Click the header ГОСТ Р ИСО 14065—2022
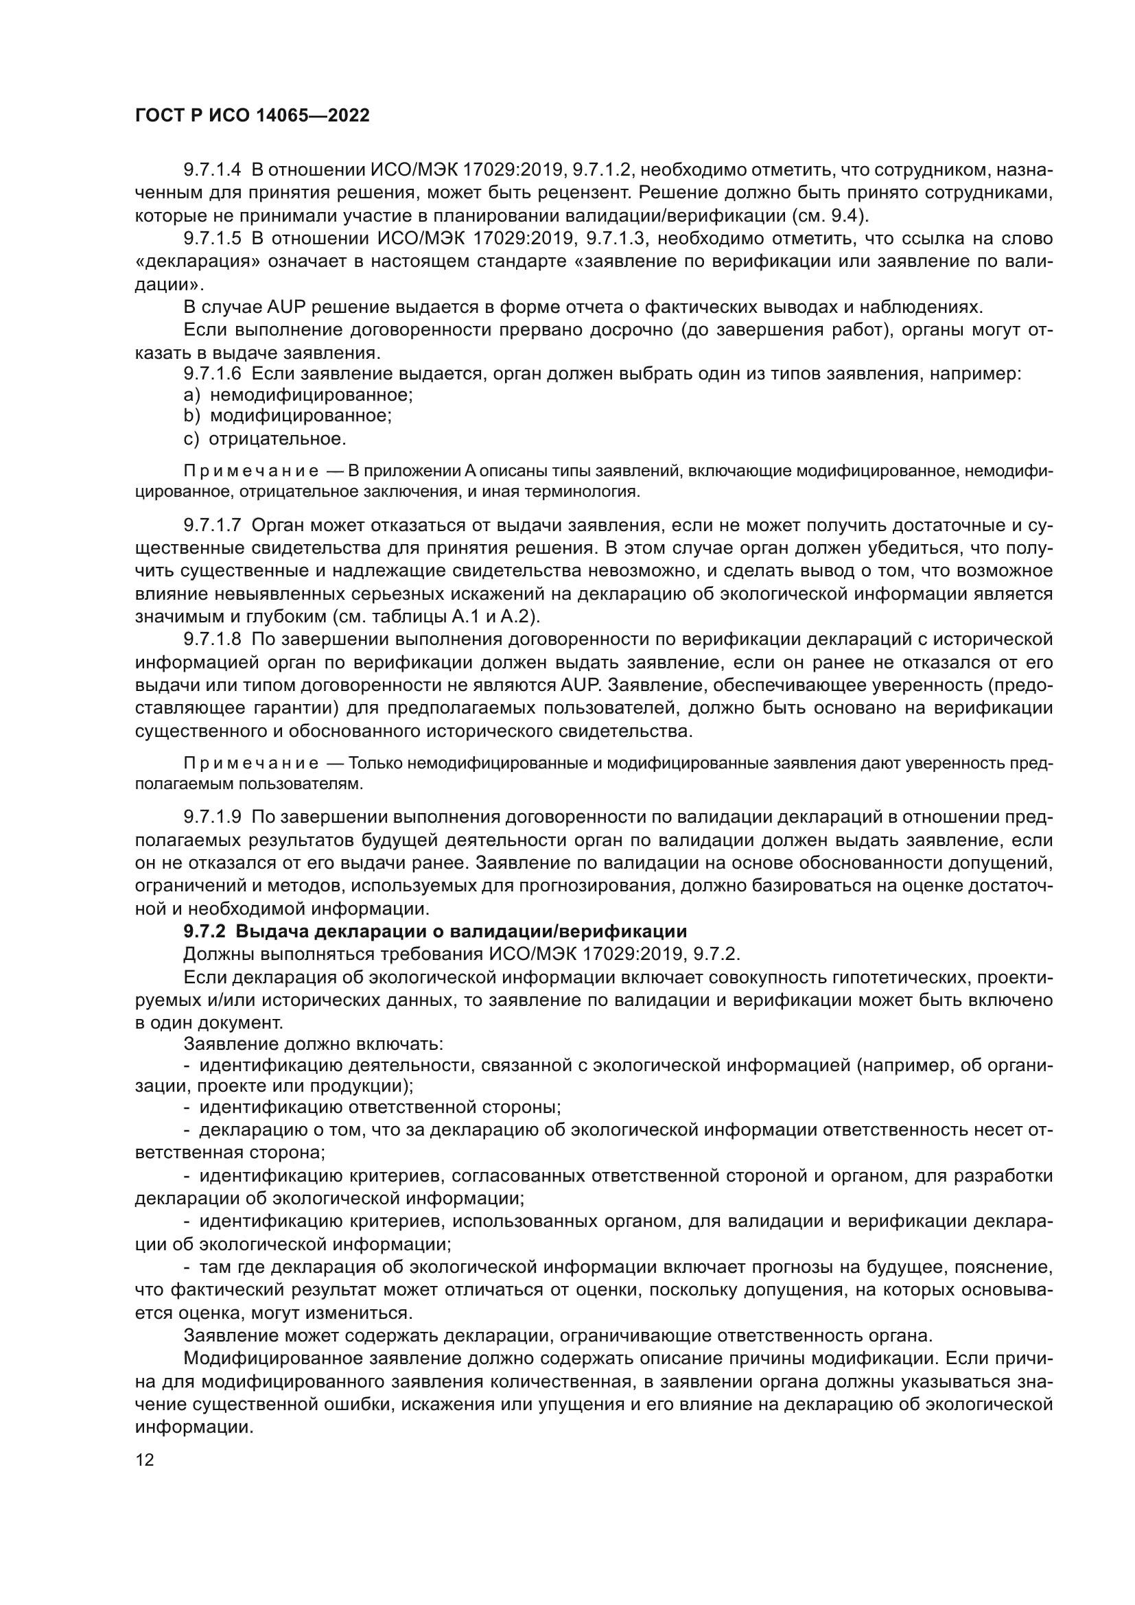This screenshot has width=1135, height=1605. click(x=252, y=116)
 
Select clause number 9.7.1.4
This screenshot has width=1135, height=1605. click(x=213, y=170)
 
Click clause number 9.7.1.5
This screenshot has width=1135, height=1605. click(x=213, y=239)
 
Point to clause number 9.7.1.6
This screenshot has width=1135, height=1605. click(x=213, y=373)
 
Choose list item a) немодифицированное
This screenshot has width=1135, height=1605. click(x=298, y=395)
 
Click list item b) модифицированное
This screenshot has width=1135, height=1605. click(x=288, y=416)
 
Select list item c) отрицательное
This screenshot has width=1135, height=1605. click(x=265, y=439)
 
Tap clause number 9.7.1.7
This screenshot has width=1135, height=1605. click(x=213, y=525)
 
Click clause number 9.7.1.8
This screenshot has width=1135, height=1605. click(x=213, y=640)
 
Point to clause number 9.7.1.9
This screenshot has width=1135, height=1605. click(x=213, y=817)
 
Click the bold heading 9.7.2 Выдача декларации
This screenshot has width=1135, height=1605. click(x=434, y=931)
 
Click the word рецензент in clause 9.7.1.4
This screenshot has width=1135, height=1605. click(x=583, y=193)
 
